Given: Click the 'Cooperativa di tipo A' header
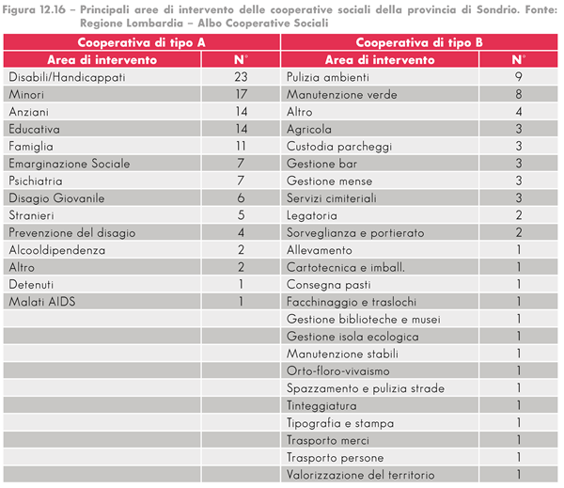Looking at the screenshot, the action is [141, 42].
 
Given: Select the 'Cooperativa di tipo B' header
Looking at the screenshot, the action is [419, 42].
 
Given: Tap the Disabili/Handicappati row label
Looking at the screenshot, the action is [68, 77].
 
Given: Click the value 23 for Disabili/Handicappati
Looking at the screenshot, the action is [241, 77].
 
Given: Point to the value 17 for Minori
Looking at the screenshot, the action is [241, 94].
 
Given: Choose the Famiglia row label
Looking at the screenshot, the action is [31, 147].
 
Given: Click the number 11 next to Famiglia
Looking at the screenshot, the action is [241, 146].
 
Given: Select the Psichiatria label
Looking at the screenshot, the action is [36, 181].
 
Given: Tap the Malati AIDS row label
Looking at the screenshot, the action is [42, 302].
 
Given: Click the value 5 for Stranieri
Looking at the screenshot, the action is [241, 215].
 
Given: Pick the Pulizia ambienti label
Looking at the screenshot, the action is [328, 77].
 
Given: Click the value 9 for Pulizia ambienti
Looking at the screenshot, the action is [519, 77].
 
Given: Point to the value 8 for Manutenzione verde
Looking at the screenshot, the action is [519, 94].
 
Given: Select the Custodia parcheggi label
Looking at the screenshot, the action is [339, 147].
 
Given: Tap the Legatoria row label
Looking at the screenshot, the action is [312, 215].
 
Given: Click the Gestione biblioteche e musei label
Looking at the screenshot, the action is [364, 319].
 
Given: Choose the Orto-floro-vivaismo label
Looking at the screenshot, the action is [338, 370].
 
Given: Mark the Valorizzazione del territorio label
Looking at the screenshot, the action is [360, 475].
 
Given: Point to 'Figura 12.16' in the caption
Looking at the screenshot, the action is [34, 9].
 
